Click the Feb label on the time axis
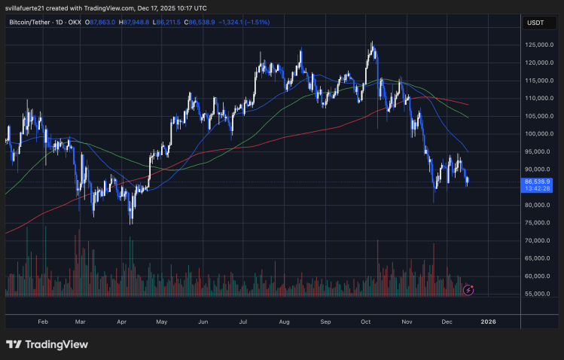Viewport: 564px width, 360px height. [42, 322]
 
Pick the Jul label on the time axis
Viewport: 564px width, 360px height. [242, 322]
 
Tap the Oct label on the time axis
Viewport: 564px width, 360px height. [366, 322]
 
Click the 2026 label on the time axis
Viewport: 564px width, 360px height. [489, 322]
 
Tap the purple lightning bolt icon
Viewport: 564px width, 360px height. [469, 289]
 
